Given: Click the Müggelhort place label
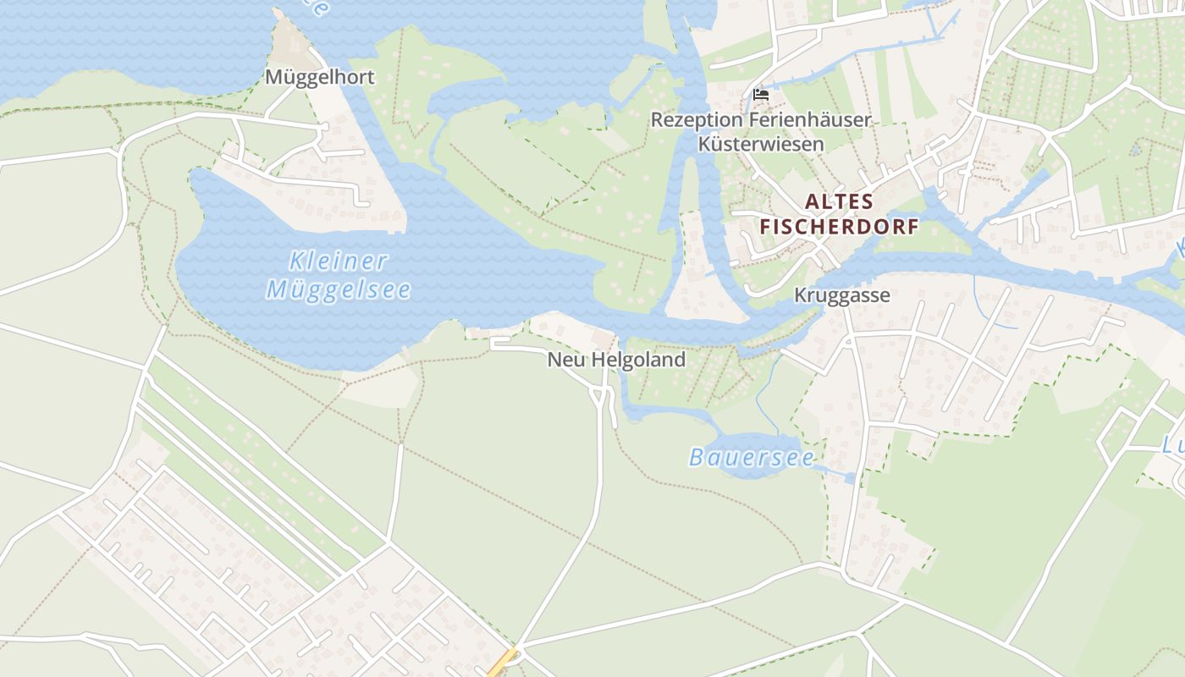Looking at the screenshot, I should click(319, 77).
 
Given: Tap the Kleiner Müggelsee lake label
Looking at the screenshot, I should click(339, 275).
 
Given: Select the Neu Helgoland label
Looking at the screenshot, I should click(615, 360).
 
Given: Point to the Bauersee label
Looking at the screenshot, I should click(751, 458).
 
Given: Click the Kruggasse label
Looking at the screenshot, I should click(841, 295).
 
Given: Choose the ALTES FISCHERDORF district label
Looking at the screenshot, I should click(839, 214).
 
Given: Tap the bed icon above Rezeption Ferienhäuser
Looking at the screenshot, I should click(760, 94).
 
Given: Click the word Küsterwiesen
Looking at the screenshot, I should click(760, 144).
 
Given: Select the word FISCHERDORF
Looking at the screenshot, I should click(839, 228).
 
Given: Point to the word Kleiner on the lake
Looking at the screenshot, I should click(338, 261).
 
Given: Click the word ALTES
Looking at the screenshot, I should click(839, 201).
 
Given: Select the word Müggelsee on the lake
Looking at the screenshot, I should click(339, 290).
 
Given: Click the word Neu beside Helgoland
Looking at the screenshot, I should click(566, 360).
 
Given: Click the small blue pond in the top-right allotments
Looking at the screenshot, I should click(1134, 150).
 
